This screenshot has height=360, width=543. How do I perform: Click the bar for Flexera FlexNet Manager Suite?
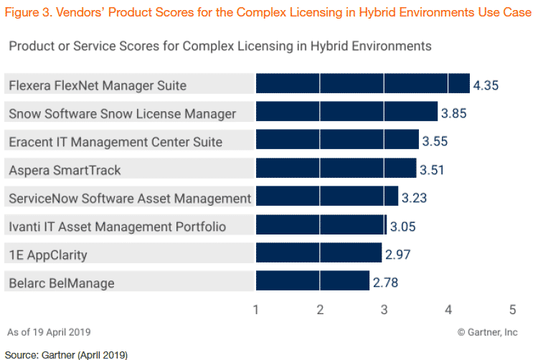point(362,84)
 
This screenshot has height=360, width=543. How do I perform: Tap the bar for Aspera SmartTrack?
point(336,169)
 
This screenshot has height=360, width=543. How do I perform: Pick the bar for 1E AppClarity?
point(318,253)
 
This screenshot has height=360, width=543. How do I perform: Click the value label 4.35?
point(486,85)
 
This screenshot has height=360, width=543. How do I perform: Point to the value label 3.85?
point(453,113)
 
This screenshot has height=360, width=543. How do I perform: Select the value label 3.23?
point(414,198)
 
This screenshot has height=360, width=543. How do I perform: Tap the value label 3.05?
point(402,227)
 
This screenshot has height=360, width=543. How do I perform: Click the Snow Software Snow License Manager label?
point(122,113)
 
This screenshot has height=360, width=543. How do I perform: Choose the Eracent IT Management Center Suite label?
point(115,141)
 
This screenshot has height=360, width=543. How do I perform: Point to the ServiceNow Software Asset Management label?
point(130,198)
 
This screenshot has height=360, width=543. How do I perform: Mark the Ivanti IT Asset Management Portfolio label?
point(117,227)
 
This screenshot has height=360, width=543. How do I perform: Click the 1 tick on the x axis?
point(256,310)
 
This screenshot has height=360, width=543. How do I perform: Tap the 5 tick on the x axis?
point(513,310)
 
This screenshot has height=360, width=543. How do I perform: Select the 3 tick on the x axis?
point(384,310)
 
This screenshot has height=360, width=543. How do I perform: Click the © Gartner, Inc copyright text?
point(487,332)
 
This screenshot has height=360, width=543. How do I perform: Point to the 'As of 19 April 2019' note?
point(49,332)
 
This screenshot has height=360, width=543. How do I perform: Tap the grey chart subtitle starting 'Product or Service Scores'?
point(219,46)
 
